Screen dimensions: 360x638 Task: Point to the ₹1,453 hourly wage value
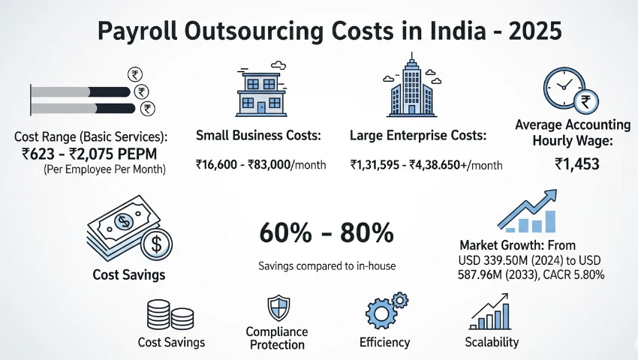click(x=576, y=163)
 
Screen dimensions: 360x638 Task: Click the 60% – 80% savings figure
click(x=326, y=233)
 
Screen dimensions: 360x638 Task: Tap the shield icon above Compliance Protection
click(x=276, y=308)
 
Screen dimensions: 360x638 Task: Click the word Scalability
click(x=492, y=342)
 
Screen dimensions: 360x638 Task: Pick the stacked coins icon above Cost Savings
click(x=171, y=314)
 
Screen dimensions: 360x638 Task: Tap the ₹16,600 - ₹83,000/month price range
click(x=260, y=164)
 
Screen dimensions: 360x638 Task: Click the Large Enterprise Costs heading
click(x=417, y=136)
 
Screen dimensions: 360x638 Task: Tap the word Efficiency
click(x=384, y=342)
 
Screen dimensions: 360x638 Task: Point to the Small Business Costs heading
click(x=258, y=136)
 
